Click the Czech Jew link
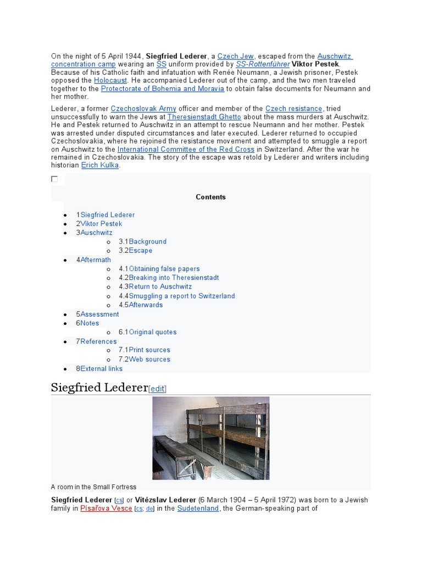coord(235,56)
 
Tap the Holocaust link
coord(110,80)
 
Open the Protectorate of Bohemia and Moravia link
coord(162,89)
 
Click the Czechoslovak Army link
coord(143,109)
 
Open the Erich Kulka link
coord(99,165)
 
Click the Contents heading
coord(211,197)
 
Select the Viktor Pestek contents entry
coord(101,224)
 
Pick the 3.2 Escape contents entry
coord(141,251)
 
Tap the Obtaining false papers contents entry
coord(164,269)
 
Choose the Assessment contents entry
coord(99,314)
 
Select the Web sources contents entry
coord(149,359)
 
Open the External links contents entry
coord(101,368)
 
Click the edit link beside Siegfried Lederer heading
coord(157,389)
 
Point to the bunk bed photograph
coord(211,438)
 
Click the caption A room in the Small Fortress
coord(93,487)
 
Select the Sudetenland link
coord(198,509)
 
